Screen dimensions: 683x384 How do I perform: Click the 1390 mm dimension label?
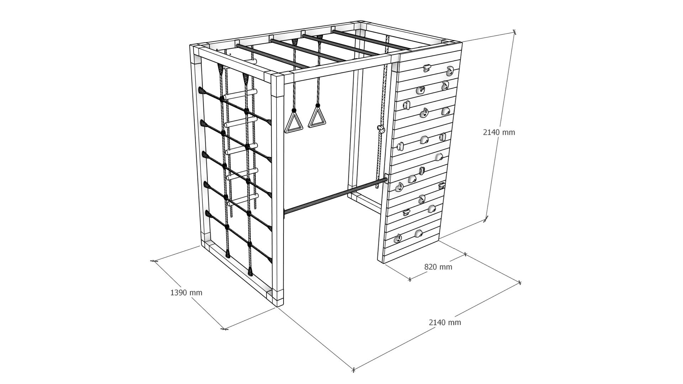coord(186,293)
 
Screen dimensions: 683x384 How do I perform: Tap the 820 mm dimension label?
coord(438,267)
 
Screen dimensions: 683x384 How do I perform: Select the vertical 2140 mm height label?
coord(499,132)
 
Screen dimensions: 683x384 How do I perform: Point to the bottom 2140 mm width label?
coord(445,322)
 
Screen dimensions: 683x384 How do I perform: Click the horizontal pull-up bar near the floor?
coord(335,197)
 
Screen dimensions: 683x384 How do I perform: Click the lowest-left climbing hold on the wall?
coord(397,239)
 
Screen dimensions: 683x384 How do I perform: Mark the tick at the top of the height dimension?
coord(514,32)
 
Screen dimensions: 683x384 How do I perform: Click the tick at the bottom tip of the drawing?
coord(353,370)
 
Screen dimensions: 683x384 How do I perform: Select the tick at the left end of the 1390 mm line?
coord(154,261)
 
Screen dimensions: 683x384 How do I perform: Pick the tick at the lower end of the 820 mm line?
coord(410,279)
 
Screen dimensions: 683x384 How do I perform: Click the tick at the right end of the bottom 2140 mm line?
coord(520,283)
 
